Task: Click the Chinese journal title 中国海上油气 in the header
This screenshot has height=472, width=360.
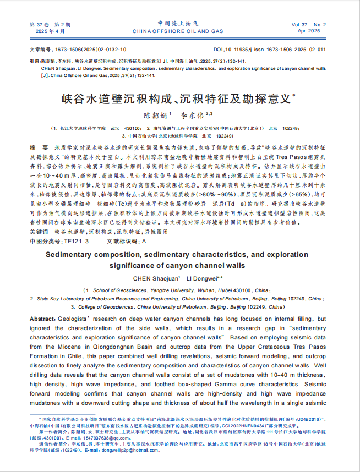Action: coord(179,23)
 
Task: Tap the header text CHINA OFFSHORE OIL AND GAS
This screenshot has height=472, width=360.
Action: coord(179,31)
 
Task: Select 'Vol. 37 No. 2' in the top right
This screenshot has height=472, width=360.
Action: coord(309,25)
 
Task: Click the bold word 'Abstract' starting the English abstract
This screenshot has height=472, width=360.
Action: coord(42,319)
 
